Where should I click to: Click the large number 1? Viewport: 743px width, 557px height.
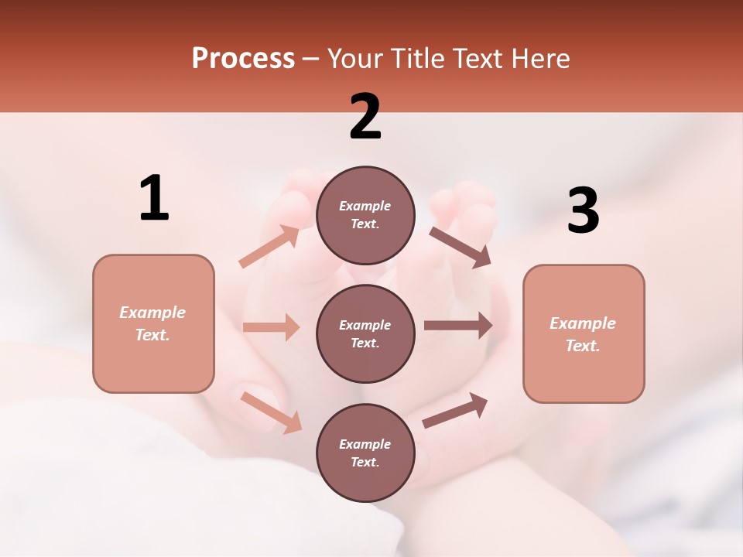(154, 199)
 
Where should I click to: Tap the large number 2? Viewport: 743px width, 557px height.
(365, 117)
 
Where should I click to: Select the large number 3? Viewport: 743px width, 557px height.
(583, 211)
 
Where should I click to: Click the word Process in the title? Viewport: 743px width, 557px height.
(243, 58)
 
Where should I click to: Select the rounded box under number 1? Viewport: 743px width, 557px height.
(153, 323)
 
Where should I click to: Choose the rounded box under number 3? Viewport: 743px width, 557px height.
(584, 333)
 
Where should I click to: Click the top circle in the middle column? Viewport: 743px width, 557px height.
(365, 215)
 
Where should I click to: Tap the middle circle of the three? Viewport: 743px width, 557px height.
(365, 333)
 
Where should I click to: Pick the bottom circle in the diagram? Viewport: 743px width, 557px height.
(365, 453)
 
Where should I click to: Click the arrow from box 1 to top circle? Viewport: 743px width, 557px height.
(269, 247)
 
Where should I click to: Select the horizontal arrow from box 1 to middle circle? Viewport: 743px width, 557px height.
(271, 327)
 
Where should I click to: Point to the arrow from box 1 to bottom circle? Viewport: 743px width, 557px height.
(272, 412)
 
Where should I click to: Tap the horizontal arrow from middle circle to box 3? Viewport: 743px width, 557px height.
(458, 326)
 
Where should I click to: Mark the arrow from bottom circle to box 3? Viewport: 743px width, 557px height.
(455, 410)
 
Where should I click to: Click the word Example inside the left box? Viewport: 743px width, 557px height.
(152, 313)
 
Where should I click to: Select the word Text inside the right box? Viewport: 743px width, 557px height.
(582, 346)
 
